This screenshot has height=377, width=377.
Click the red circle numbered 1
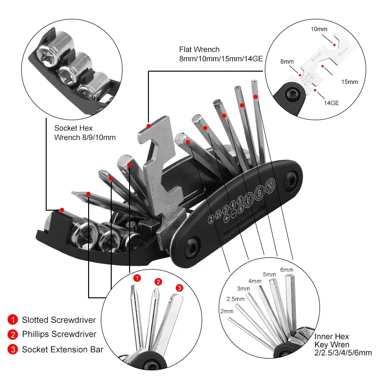point(137,279)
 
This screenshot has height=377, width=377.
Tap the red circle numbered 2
point(158,282)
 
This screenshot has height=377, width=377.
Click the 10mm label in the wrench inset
point(319,29)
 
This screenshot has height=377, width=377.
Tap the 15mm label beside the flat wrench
point(350,82)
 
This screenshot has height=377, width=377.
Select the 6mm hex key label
point(287,270)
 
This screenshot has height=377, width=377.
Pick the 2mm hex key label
point(227,311)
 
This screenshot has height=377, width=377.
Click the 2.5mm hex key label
point(235,299)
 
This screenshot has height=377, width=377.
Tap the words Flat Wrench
point(199,49)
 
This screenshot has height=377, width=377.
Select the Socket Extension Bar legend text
point(62,349)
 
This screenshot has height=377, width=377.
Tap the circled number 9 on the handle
point(259,192)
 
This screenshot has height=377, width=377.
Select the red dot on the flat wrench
point(149,126)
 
